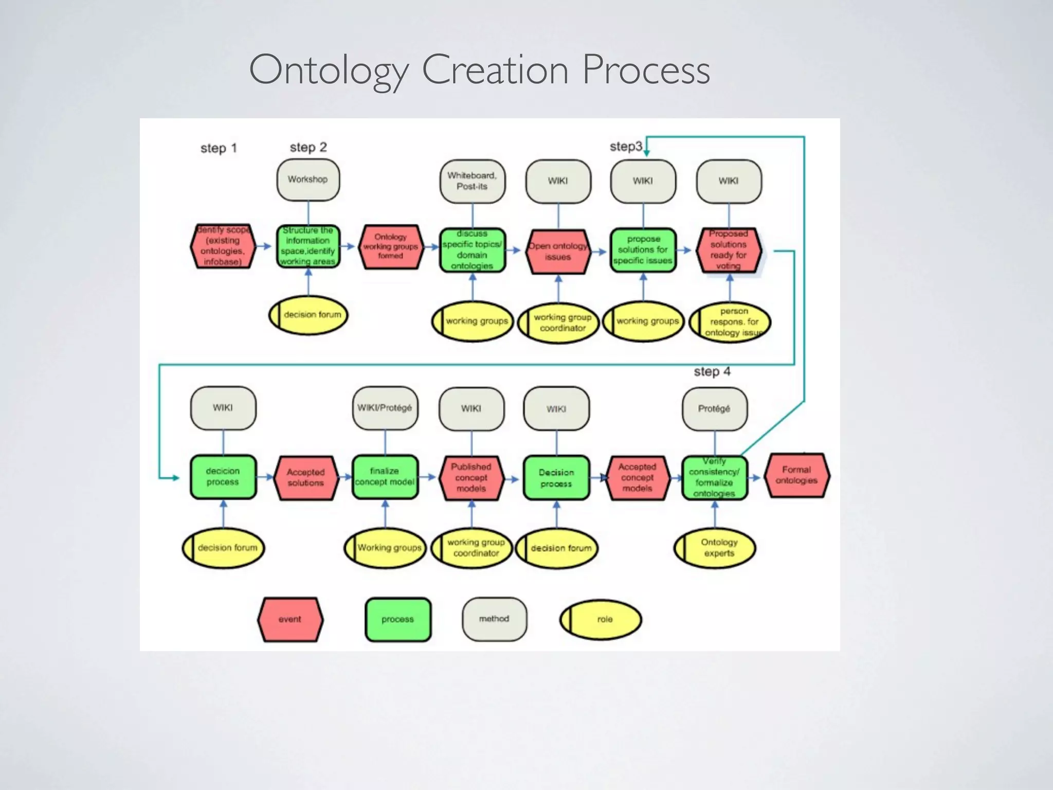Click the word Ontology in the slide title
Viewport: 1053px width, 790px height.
pyautogui.click(x=328, y=70)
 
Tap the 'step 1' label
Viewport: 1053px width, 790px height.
pyautogui.click(x=219, y=149)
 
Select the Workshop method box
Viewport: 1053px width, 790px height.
pyautogui.click(x=308, y=179)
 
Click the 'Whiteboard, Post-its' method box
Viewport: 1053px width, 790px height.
pyautogui.click(x=472, y=181)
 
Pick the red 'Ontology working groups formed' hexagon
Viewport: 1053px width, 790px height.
pyautogui.click(x=391, y=247)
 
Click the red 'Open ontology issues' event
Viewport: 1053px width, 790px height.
pyautogui.click(x=558, y=252)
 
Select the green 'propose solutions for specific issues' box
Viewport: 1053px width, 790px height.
pyautogui.click(x=643, y=250)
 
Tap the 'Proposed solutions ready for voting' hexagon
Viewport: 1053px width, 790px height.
pyautogui.click(x=729, y=250)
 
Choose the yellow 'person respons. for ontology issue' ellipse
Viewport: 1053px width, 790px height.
pyautogui.click(x=730, y=322)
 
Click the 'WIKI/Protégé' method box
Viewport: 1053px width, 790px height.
pyautogui.click(x=385, y=408)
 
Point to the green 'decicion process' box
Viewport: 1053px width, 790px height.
pyautogui.click(x=223, y=477)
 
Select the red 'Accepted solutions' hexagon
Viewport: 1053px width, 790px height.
pyautogui.click(x=306, y=478)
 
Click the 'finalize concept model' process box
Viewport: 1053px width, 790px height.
pyautogui.click(x=385, y=477)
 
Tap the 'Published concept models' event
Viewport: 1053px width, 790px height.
pyautogui.click(x=471, y=478)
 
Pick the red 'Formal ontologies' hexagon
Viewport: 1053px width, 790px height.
pyautogui.click(x=796, y=475)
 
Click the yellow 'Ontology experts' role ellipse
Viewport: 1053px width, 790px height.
pyautogui.click(x=715, y=548)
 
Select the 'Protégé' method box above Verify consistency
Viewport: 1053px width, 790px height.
pyautogui.click(x=715, y=408)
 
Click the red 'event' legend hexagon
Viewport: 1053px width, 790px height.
pyautogui.click(x=291, y=619)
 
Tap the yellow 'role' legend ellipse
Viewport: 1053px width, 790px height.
pyautogui.click(x=601, y=619)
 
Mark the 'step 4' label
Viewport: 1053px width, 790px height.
pyautogui.click(x=712, y=371)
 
